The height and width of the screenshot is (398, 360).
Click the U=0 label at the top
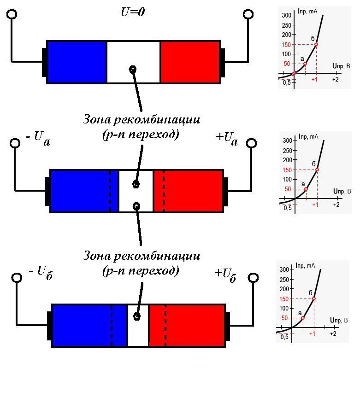click(133, 12)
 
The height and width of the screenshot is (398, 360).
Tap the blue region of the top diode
click(77, 62)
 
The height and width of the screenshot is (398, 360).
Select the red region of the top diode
click(190, 62)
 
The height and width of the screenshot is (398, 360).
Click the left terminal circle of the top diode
click(12, 14)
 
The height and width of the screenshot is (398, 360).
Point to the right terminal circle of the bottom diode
click(253, 278)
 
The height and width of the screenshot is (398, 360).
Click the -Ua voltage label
click(38, 138)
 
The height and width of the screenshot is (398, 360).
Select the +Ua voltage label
click(227, 139)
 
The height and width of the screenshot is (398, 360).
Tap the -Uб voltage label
click(41, 273)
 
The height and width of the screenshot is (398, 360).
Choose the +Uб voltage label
click(225, 275)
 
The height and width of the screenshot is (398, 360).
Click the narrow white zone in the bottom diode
click(138, 325)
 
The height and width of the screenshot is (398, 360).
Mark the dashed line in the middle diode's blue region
click(110, 191)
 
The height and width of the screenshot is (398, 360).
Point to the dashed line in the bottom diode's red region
click(165, 325)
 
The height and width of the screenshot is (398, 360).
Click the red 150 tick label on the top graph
click(286, 45)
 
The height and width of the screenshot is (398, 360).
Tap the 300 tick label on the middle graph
click(287, 140)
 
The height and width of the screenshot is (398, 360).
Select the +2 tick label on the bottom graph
click(333, 334)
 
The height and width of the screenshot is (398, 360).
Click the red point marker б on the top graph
click(316, 44)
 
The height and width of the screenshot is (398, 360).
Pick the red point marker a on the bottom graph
click(302, 318)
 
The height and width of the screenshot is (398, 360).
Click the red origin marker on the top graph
click(294, 73)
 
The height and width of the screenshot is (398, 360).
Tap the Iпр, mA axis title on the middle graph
click(308, 136)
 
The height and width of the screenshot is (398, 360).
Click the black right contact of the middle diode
click(225, 191)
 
